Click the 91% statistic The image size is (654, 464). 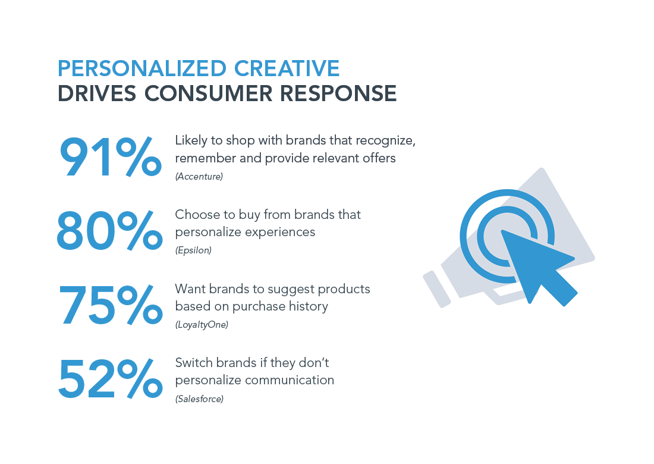(x=111, y=157)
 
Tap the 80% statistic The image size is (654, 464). (x=110, y=231)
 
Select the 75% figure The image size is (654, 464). (x=111, y=305)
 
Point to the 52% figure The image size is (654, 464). (x=111, y=379)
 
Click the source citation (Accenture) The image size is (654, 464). (x=199, y=177)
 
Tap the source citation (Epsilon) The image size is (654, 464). (x=193, y=250)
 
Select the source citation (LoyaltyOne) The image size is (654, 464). (x=202, y=325)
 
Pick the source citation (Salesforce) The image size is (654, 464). (x=199, y=399)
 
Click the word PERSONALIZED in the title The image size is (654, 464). (x=142, y=68)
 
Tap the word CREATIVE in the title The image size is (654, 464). (x=287, y=68)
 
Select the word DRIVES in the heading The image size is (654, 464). (x=97, y=93)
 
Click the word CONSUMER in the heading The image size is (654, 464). (x=208, y=93)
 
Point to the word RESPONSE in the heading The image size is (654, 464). (x=338, y=93)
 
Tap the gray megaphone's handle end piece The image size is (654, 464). (x=437, y=289)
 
